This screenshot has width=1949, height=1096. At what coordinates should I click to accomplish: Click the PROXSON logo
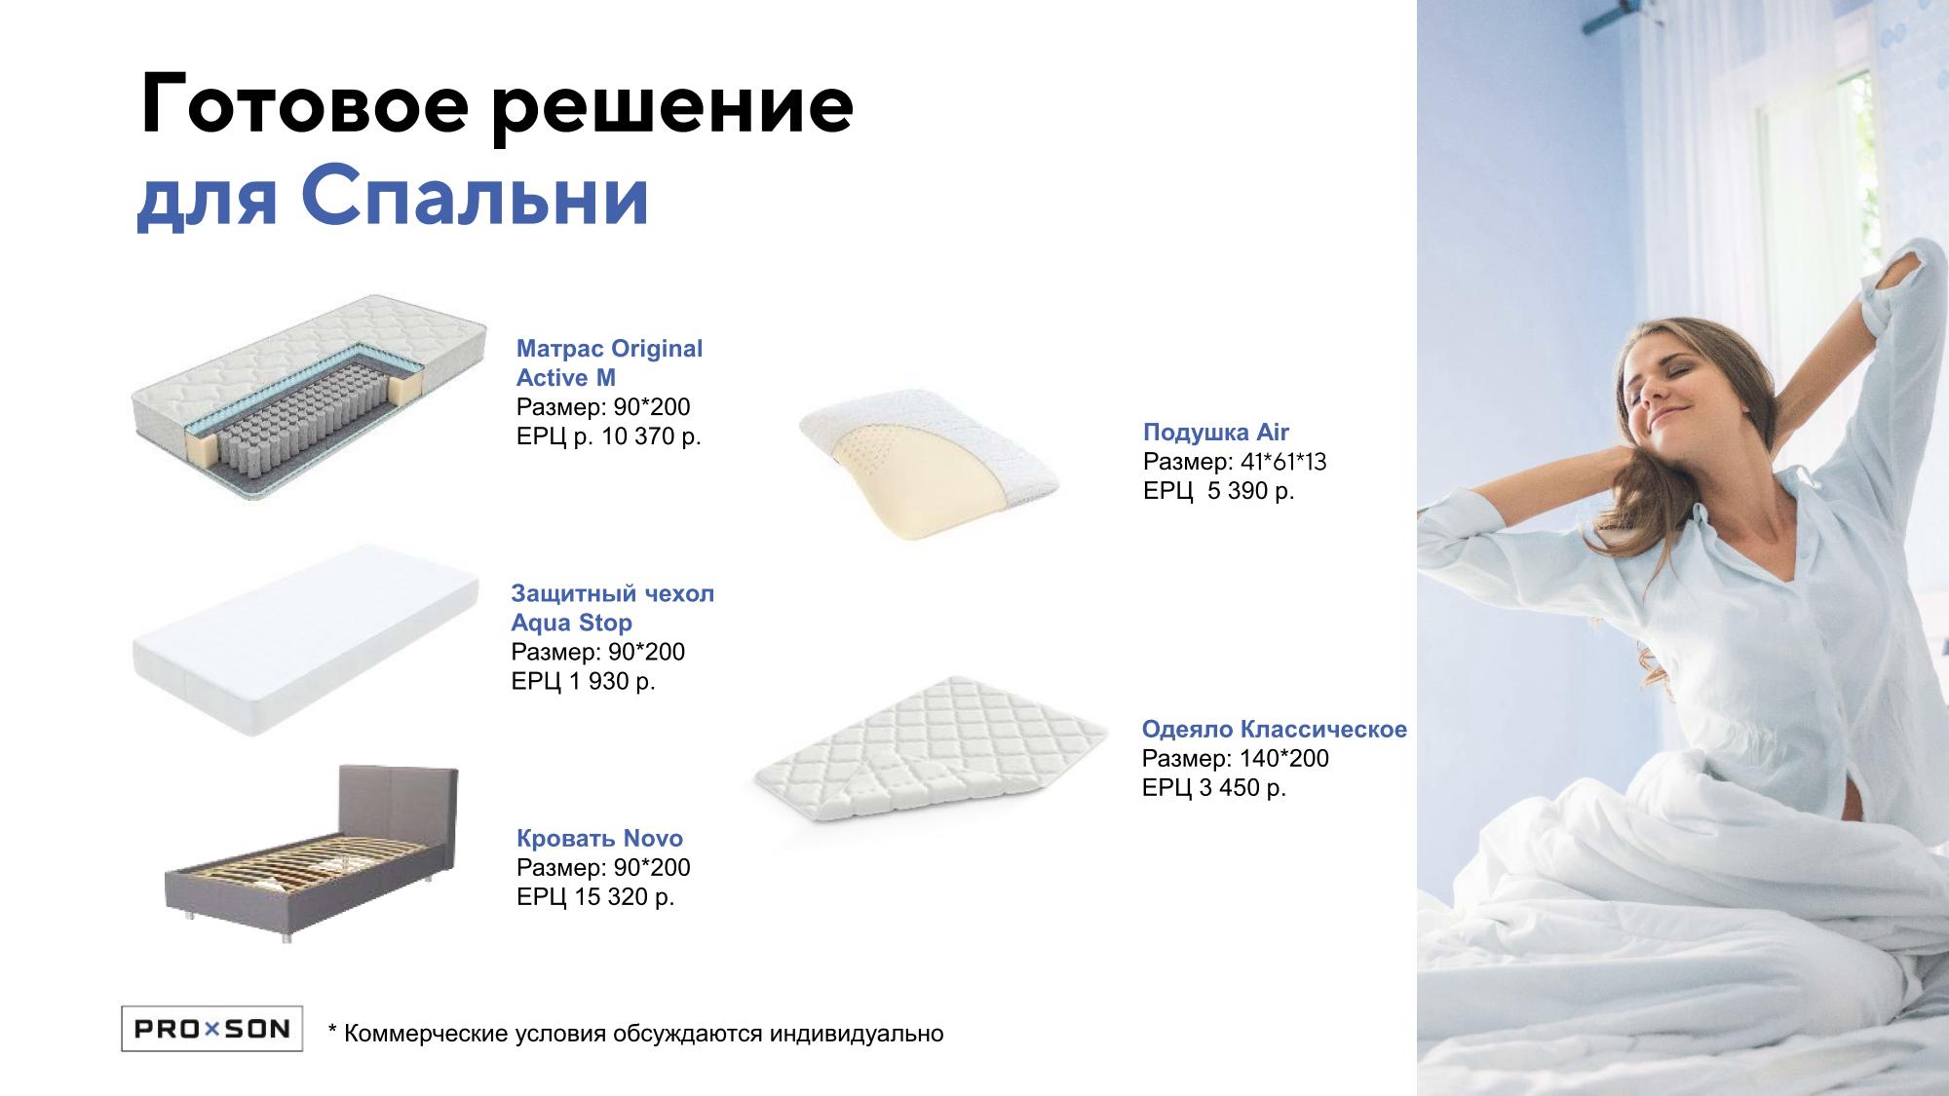point(211,1028)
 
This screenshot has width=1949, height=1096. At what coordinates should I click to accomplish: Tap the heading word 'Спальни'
point(483,199)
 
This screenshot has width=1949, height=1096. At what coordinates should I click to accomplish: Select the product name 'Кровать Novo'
point(599,838)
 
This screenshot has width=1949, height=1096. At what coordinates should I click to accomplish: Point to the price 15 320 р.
point(624,896)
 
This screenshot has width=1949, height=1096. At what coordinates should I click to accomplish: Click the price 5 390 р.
point(1251,491)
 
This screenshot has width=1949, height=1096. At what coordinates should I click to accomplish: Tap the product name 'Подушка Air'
point(1216,433)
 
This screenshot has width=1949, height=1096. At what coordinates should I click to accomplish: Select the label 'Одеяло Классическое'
point(1275,730)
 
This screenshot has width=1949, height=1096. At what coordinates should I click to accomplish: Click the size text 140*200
point(1283,759)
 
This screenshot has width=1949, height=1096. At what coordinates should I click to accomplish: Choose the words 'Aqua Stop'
point(571,623)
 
